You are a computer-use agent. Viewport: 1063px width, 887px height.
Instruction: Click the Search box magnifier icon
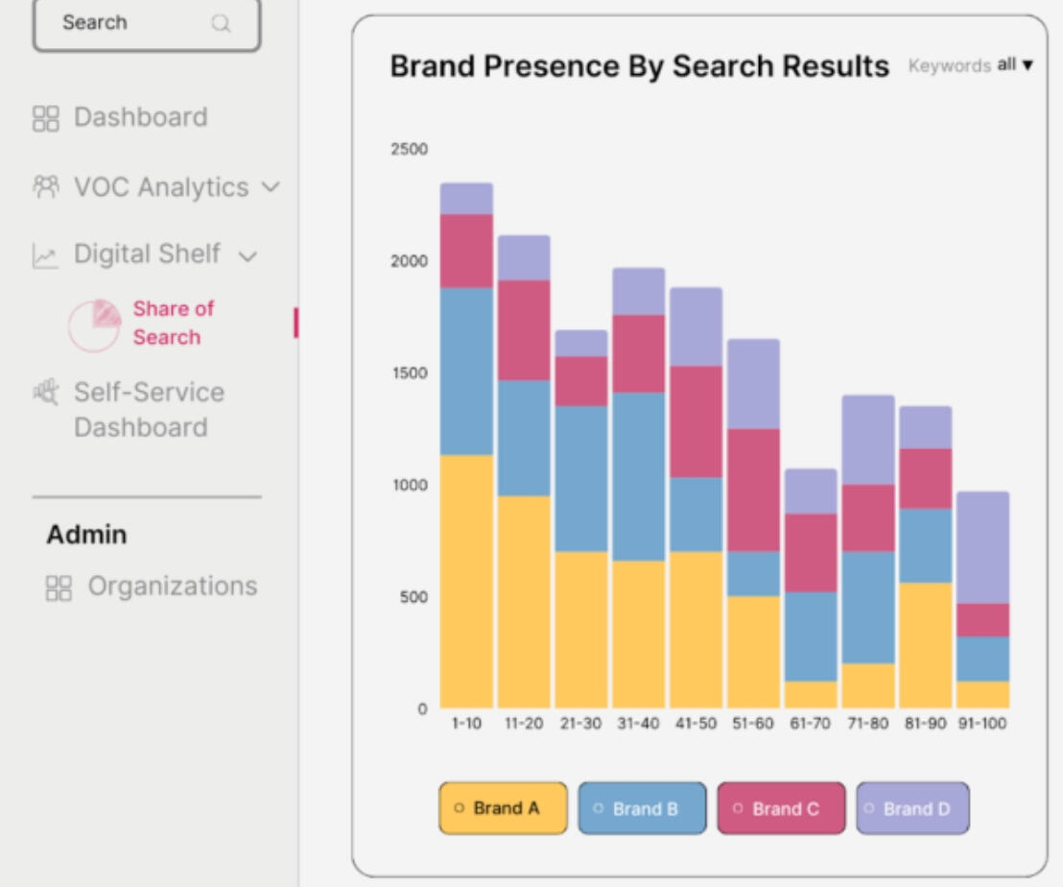click(x=221, y=24)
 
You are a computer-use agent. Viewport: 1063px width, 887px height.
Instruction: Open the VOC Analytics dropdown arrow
click(x=271, y=187)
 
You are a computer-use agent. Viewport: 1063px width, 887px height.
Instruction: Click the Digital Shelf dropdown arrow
click(x=248, y=256)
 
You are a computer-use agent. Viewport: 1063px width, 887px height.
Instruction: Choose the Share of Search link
click(x=173, y=323)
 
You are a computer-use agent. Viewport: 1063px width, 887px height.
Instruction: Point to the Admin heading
click(x=86, y=535)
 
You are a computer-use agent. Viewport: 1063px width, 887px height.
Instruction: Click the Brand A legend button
click(x=503, y=808)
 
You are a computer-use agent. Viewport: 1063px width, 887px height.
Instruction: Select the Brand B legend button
click(x=642, y=808)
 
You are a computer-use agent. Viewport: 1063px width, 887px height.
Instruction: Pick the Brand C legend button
click(x=781, y=808)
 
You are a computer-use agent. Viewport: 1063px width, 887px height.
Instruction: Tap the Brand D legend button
click(x=912, y=808)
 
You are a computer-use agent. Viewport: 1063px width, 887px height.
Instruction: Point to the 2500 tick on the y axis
click(x=410, y=150)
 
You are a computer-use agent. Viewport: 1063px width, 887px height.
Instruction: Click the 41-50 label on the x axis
click(x=696, y=724)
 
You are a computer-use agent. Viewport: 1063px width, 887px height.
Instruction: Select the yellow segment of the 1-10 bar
click(x=466, y=581)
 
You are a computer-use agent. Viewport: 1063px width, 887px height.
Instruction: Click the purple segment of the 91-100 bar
click(x=982, y=547)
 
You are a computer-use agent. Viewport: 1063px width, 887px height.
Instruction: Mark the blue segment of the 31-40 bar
click(x=638, y=476)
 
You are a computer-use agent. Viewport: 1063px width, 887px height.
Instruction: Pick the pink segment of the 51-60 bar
click(x=753, y=490)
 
